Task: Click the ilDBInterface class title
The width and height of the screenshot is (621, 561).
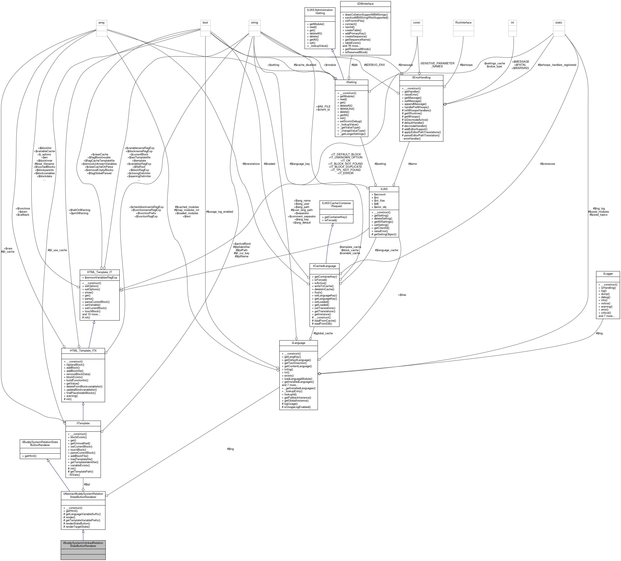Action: tap(365, 4)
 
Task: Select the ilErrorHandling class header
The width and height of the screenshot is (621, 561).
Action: tap(421, 78)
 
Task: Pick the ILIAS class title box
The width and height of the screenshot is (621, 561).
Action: tap(384, 189)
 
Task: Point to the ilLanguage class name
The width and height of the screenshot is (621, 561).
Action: tap(298, 343)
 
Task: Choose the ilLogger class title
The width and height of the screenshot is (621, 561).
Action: tap(608, 274)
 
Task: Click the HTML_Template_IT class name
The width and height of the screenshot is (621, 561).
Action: tap(100, 272)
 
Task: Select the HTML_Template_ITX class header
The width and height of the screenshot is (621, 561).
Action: tap(83, 350)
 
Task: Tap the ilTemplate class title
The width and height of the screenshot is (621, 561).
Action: tap(83, 423)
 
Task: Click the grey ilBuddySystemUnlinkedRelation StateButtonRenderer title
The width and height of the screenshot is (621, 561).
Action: tap(83, 544)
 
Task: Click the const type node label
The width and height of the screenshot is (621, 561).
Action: tap(416, 22)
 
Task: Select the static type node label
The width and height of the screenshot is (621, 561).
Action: tap(558, 22)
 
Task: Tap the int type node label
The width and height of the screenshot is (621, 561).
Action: tap(512, 22)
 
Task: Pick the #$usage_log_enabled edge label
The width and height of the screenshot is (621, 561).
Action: tap(219, 212)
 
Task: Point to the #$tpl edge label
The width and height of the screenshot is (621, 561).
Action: tap(87, 484)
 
